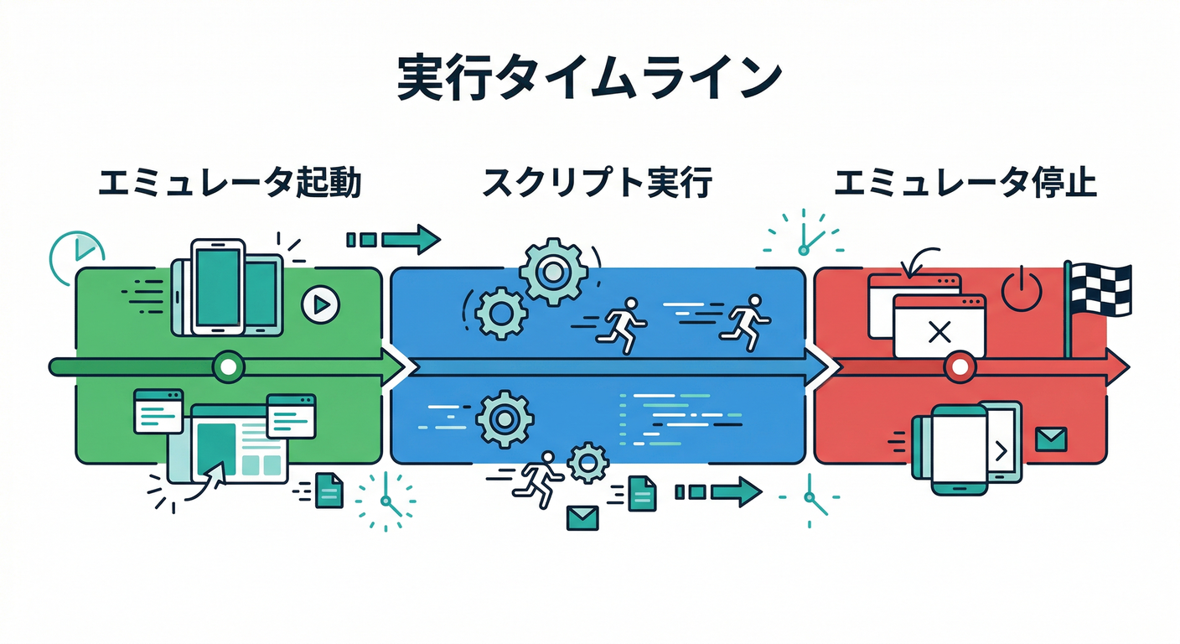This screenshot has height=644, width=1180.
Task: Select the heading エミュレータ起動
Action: click(x=230, y=183)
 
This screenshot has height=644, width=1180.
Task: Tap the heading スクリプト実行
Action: click(x=597, y=183)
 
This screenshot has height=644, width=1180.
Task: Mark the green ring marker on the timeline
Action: click(x=228, y=366)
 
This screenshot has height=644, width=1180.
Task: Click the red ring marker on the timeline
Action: click(x=960, y=366)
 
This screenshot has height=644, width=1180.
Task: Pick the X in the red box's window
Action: click(x=939, y=333)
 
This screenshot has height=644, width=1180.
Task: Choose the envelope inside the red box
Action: click(x=1049, y=439)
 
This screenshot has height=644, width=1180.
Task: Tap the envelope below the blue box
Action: click(x=582, y=517)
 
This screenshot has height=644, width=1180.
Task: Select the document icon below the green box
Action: click(x=329, y=491)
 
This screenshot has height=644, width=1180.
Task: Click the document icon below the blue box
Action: click(x=643, y=493)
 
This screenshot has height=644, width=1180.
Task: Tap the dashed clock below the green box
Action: click(x=385, y=501)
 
